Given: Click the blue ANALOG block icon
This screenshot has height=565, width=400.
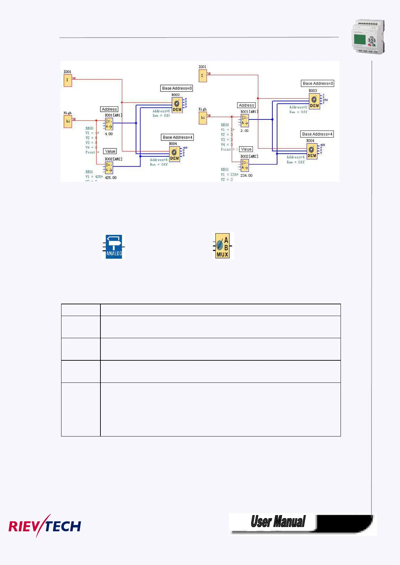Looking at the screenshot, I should click(114, 247).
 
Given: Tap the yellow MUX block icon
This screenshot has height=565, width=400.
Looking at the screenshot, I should click(223, 246).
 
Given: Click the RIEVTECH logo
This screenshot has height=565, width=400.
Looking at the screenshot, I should click(45, 526).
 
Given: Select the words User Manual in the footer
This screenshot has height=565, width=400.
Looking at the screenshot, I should click(278, 522).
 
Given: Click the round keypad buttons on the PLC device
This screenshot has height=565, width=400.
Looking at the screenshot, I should click(371, 42).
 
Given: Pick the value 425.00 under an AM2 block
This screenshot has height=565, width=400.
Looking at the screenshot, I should click(111, 177).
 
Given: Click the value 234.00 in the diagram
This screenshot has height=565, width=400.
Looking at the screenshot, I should click(247, 175).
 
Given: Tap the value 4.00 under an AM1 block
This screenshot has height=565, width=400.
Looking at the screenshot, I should click(109, 134).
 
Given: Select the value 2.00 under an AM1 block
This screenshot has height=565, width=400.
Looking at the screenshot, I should click(245, 131).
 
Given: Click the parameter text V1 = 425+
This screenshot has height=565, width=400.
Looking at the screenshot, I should click(94, 176).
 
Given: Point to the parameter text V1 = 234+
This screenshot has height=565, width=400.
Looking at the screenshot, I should click(229, 174).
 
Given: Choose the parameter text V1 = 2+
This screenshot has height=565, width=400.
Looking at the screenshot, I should click(227, 130).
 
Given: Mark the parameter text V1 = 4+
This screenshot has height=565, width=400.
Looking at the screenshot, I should click(92, 133).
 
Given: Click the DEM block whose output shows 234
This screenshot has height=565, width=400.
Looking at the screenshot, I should click(314, 101).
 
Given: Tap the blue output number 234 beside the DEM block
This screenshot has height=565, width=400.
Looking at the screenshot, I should click(325, 100).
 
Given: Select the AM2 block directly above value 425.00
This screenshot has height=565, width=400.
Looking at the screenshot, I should click(109, 167).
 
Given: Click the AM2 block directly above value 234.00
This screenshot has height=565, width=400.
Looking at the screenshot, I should click(245, 165).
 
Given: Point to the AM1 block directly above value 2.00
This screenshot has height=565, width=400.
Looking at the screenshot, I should click(245, 121).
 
